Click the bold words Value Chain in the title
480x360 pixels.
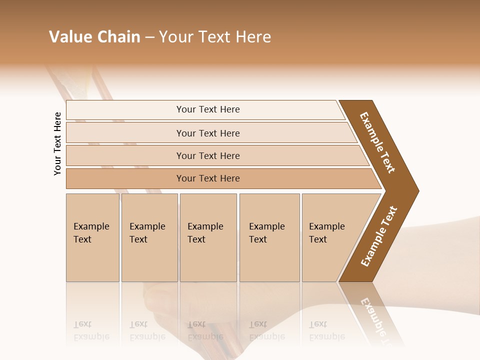tap(94, 37)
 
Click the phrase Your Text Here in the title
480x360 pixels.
tap(215, 37)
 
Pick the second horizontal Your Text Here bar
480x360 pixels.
tap(208, 133)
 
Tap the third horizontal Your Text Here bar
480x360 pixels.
tap(208, 155)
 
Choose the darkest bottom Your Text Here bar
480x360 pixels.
tap(208, 178)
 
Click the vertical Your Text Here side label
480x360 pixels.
tap(57, 143)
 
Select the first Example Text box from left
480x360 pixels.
tap(92, 237)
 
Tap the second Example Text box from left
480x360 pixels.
tap(149, 237)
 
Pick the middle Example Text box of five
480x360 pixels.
tap(208, 237)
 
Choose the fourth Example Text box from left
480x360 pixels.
tap(269, 237)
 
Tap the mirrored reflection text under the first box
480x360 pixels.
tap(91, 330)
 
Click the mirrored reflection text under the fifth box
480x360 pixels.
tap(327, 330)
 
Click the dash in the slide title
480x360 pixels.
tap(149, 37)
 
